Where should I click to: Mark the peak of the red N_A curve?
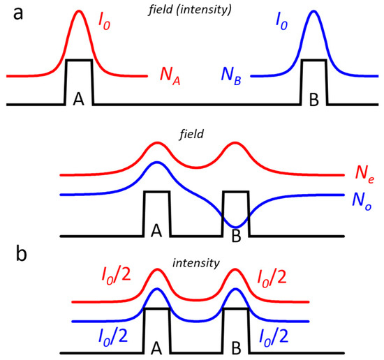(x=78, y=11)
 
